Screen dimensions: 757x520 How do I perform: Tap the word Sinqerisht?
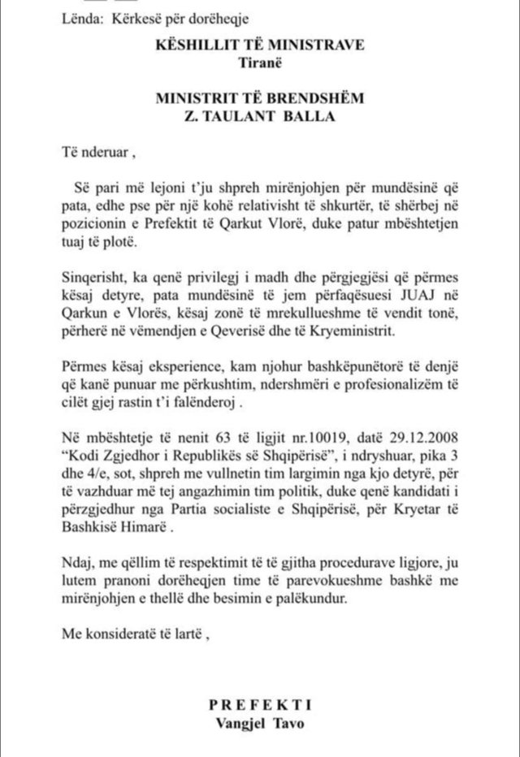pos(94,275)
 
